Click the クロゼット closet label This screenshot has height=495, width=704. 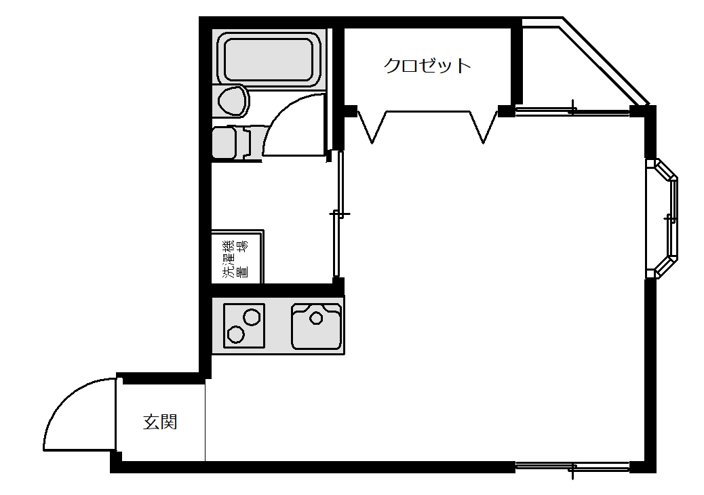coord(427,66)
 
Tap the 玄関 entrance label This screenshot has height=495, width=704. coord(160,422)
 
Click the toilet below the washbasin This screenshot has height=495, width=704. coord(229,142)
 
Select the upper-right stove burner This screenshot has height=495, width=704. coord(251,317)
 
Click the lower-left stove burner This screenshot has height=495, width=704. coord(236,334)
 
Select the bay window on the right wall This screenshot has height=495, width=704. coord(668,218)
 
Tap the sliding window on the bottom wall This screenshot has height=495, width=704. coord(573,467)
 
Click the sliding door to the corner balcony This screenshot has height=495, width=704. coord(573,110)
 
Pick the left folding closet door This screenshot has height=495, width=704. coord(372,125)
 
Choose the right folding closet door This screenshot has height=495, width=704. coord(484,125)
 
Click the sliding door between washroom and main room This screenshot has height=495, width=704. coord(338,214)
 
